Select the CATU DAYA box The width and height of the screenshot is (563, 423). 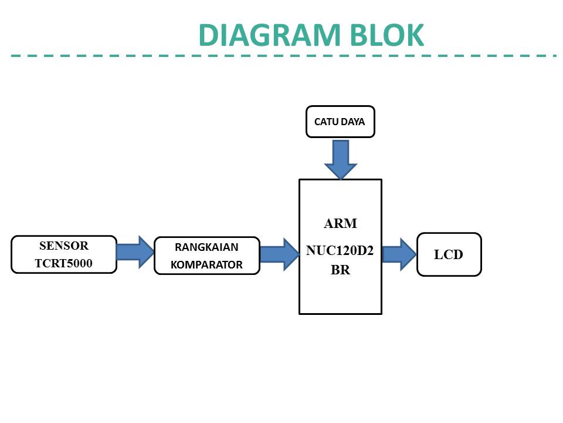(x=340, y=122)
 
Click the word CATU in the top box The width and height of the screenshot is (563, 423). (x=327, y=122)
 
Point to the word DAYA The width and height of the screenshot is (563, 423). (x=353, y=122)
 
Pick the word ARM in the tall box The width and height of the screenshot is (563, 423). (x=340, y=224)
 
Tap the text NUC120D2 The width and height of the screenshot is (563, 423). (x=340, y=251)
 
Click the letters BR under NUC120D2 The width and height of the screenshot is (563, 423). (x=340, y=271)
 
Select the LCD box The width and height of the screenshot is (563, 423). (x=449, y=254)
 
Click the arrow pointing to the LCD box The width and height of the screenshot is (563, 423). (x=399, y=254)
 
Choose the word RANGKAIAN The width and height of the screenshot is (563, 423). (x=206, y=247)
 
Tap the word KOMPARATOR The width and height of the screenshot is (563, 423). (x=206, y=265)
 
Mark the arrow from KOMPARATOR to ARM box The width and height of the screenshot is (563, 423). (x=279, y=254)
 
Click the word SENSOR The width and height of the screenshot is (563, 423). (x=64, y=246)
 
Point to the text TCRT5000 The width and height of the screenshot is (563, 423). (x=63, y=263)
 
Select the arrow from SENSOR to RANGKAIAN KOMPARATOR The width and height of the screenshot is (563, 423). (x=135, y=252)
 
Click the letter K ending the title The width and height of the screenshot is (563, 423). (x=414, y=35)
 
